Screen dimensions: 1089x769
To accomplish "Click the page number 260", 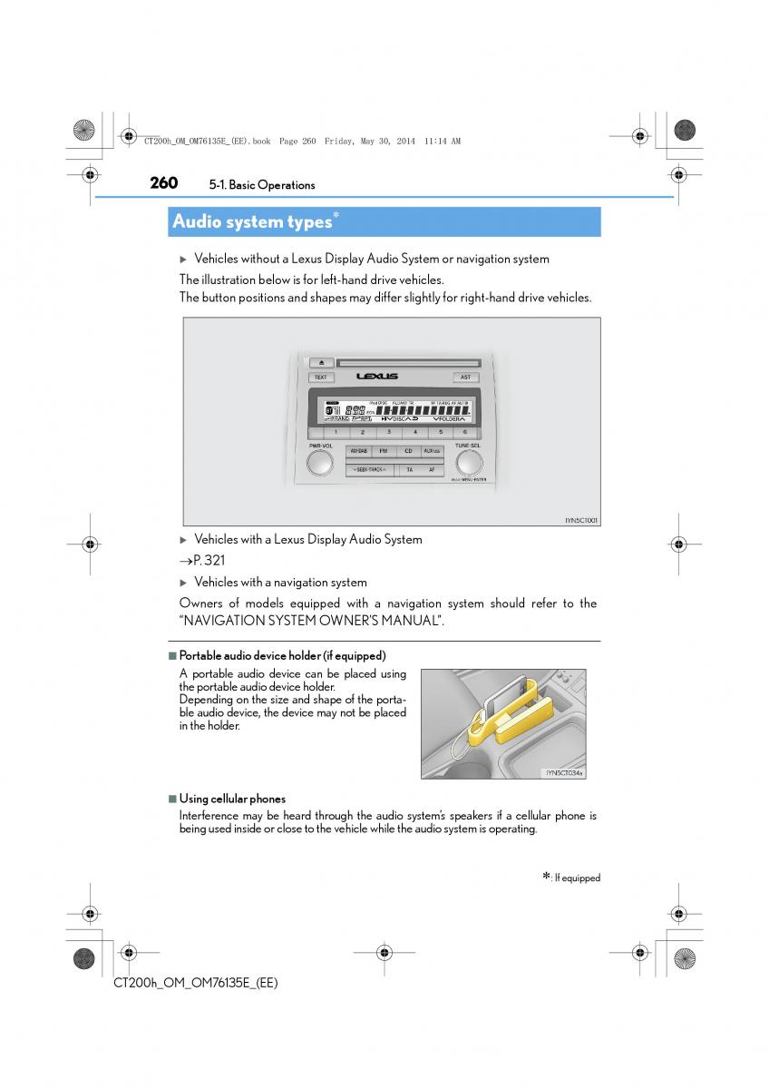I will coord(163,183).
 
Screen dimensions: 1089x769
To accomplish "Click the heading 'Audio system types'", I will coord(252,221).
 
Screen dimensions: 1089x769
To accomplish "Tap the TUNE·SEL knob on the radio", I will coord(467,464).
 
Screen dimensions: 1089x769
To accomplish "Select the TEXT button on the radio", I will coord(320,377).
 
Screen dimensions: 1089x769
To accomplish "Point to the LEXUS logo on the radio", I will coord(377,376).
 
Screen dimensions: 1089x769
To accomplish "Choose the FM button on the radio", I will coord(384,451).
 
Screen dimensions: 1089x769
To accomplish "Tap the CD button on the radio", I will coord(408,451).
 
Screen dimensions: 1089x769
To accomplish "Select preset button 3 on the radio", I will coord(388,432).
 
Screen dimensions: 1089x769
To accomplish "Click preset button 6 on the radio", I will coord(464,432).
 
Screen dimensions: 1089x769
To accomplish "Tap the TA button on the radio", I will coord(408,470).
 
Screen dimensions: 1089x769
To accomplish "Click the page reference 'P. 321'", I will coord(209,561).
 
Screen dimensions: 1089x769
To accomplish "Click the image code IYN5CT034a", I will coord(563,773).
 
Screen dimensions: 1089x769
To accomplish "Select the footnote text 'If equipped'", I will coord(577,878).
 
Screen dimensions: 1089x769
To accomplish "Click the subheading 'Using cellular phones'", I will coord(232,799).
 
